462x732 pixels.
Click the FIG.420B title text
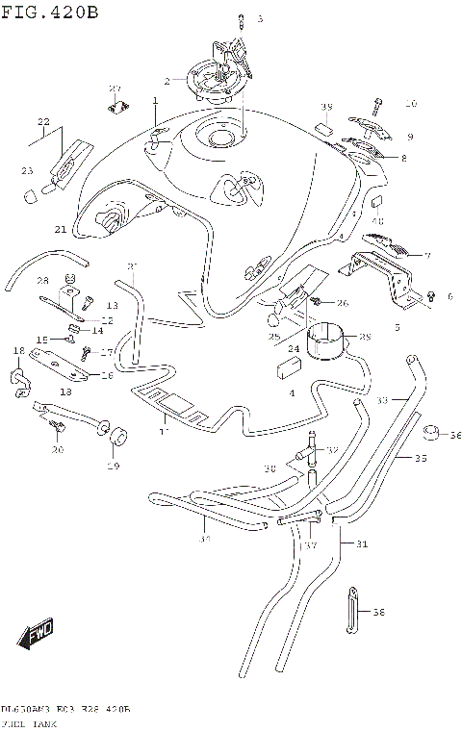pyautogui.click(x=50, y=12)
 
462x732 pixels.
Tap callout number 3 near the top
pyautogui.click(x=259, y=19)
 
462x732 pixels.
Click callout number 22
pyautogui.click(x=43, y=121)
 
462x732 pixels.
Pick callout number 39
pyautogui.click(x=325, y=106)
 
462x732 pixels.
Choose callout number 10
pyautogui.click(x=410, y=103)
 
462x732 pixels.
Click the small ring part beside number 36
pyautogui.click(x=431, y=435)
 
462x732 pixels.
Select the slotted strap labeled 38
pyautogui.click(x=352, y=609)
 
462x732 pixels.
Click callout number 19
pyautogui.click(x=113, y=467)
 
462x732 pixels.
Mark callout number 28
pyautogui.click(x=42, y=280)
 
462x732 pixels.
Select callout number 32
pyautogui.click(x=332, y=449)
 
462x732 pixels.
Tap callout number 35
pyautogui.click(x=421, y=459)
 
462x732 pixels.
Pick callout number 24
pyautogui.click(x=295, y=348)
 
